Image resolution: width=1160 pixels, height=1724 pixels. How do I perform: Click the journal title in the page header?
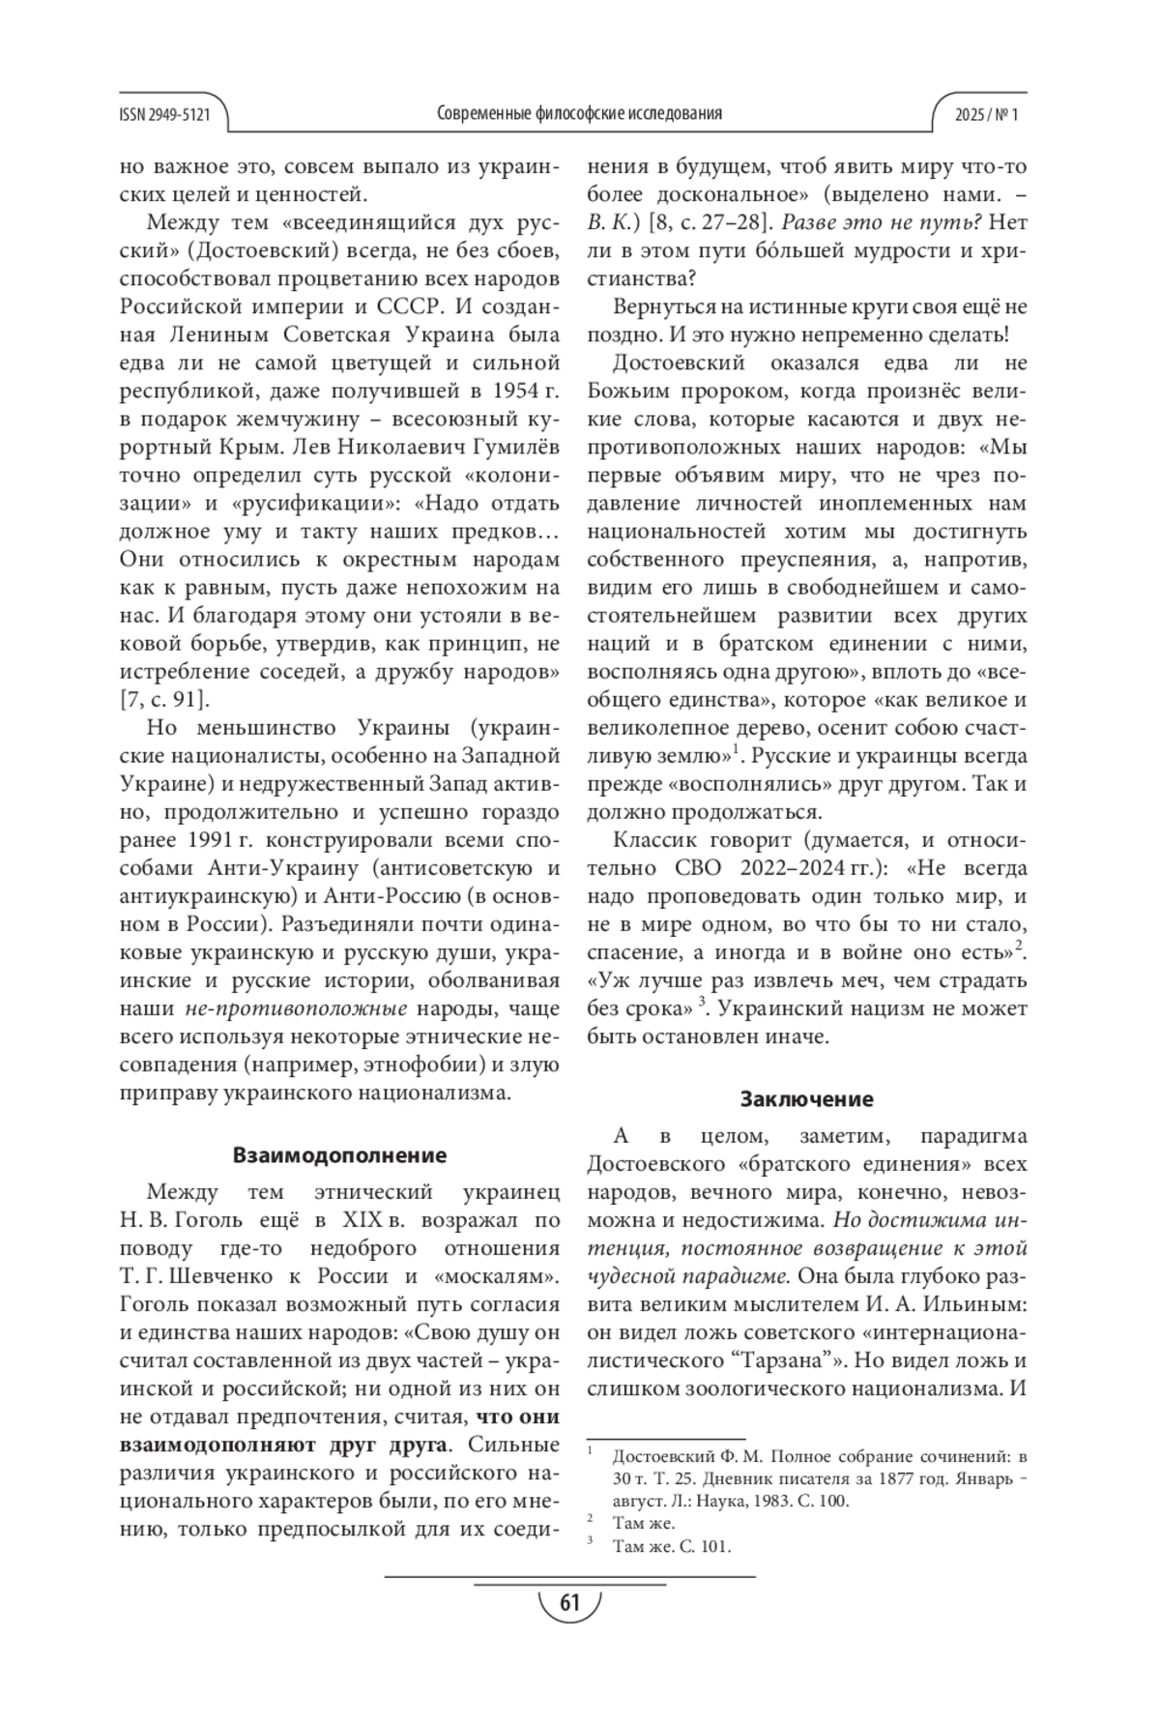[x=579, y=114]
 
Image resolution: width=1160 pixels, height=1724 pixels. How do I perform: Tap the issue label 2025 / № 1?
[x=987, y=114]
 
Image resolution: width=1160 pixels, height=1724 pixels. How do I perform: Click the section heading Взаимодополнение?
[x=339, y=1155]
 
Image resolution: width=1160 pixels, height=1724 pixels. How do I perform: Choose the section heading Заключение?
[x=806, y=1098]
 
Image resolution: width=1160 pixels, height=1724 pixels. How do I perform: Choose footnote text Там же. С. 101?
[x=672, y=1546]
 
